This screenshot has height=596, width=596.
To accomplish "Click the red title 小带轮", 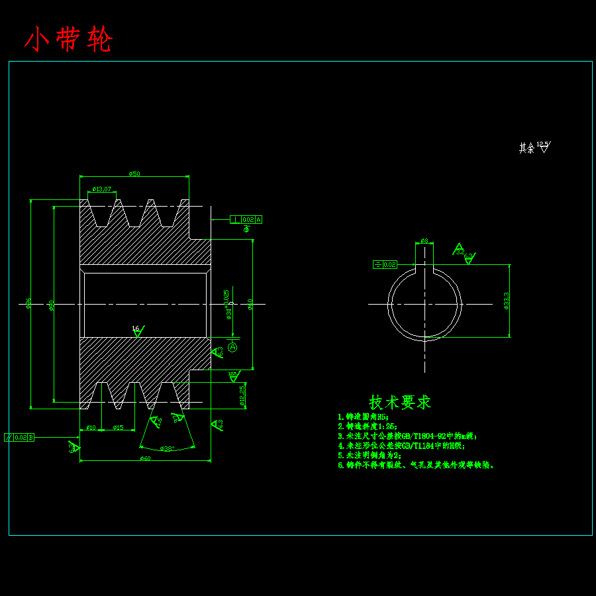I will tap(69, 40).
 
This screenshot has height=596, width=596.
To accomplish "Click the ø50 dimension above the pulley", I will tap(134, 174).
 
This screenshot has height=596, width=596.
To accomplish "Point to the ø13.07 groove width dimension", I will tap(102, 189).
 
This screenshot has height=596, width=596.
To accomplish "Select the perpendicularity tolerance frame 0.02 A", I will tap(246, 219).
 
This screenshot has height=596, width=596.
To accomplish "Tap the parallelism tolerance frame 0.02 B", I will tap(19, 437).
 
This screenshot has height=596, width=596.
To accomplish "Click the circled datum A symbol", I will tap(232, 347).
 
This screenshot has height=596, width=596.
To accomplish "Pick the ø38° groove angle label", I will tap(167, 448).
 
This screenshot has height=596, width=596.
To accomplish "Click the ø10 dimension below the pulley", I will tap(91, 427).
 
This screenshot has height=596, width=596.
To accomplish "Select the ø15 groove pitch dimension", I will tap(119, 427).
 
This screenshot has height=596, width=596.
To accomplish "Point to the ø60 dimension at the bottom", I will tap(145, 458).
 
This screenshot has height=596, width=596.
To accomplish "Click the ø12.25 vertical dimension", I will tap(242, 395).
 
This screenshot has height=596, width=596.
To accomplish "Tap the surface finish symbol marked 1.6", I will tap(137, 330).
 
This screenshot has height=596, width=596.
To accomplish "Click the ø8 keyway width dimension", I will tap(424, 240).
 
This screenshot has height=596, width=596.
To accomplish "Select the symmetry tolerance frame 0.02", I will tap(385, 264).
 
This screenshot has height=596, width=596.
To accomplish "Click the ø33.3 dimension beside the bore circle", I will tap(507, 301).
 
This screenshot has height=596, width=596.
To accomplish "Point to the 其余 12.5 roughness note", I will tap(534, 147).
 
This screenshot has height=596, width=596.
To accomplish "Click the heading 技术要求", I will tap(400, 402).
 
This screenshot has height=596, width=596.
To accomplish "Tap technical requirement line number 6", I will tap(416, 465).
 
